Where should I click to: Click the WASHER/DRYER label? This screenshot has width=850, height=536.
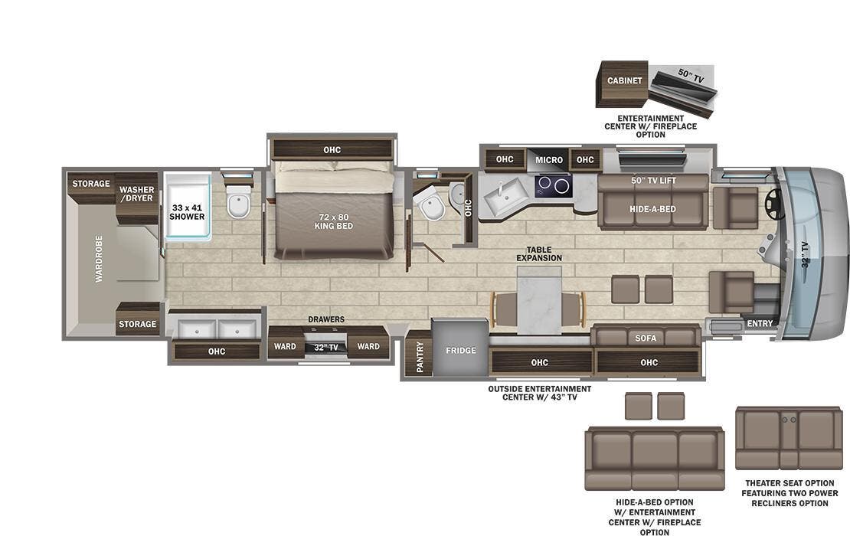136,194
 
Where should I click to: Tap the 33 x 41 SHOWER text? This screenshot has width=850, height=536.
188,211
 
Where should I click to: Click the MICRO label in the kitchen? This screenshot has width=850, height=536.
549,160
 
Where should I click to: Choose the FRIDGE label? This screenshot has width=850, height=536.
461,351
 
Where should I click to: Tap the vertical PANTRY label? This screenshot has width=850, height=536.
420,356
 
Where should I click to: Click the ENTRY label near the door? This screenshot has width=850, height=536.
760,324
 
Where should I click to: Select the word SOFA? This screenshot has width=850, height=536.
646,338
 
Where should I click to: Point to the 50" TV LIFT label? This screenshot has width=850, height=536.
653,181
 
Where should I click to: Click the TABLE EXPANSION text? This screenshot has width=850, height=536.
544,254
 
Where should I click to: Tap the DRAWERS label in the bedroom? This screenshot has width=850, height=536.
326,319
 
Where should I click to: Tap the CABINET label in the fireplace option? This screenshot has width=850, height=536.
625,80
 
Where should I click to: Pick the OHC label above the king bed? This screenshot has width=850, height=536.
332,150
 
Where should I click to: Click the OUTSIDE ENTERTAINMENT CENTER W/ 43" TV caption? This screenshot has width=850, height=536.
539,393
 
